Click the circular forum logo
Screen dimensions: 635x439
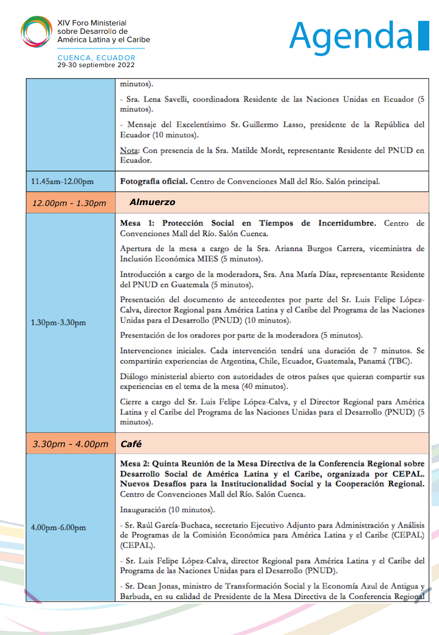point(36,32)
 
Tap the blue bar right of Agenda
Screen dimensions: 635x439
point(423,36)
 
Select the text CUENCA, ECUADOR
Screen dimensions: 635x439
point(96,58)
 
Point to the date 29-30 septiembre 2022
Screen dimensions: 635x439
point(96,65)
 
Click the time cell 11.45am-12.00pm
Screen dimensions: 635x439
point(62,181)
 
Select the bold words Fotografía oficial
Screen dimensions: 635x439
point(154,181)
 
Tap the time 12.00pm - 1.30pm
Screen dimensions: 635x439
point(69,203)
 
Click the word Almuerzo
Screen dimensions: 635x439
point(152,202)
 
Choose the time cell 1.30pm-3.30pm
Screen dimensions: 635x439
point(58,323)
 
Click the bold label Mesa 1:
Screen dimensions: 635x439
point(137,223)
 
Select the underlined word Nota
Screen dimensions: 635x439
point(129,150)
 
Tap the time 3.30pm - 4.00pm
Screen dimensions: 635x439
point(70,444)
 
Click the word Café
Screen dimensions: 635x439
point(131,444)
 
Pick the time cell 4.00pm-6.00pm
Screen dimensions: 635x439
point(58,528)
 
